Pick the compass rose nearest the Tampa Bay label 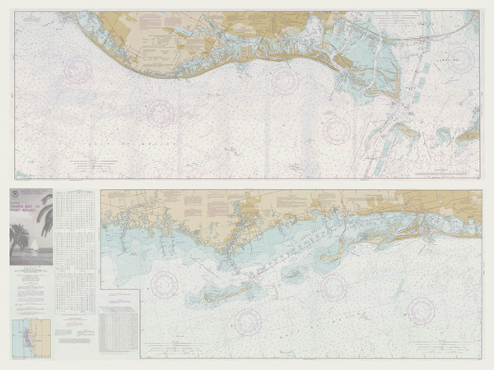pos(461,59)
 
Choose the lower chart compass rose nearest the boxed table pos(163,284)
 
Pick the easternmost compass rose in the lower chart pos(420,309)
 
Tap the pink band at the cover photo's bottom pos(30,261)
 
